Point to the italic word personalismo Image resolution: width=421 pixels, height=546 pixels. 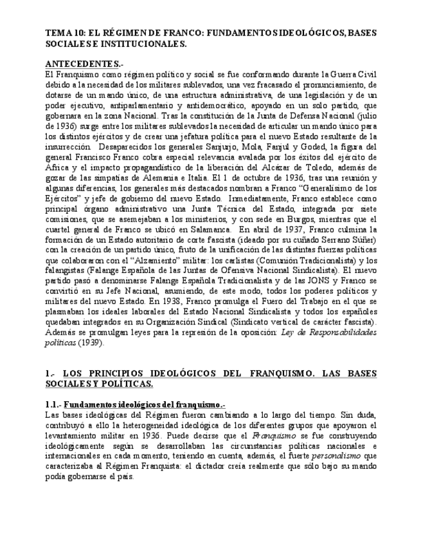point(356,455)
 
